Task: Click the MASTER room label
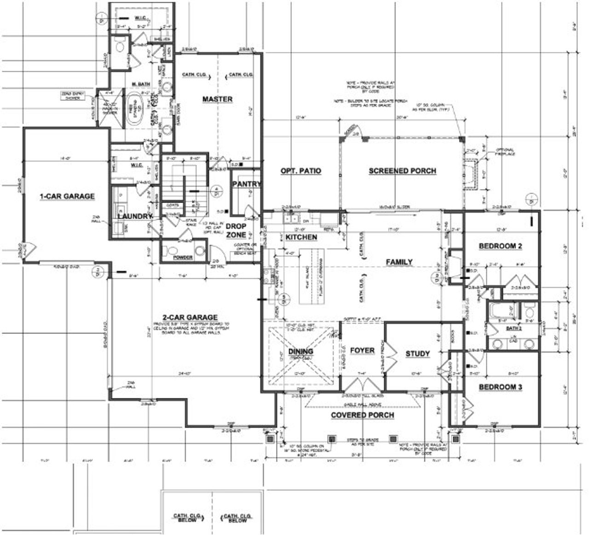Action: point(217,99)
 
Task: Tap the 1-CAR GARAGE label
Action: point(67,196)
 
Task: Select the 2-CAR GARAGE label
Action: point(190,317)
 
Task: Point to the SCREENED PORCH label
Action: point(402,171)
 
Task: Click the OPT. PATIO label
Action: point(301,171)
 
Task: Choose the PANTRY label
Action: point(246,184)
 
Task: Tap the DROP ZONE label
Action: point(236,230)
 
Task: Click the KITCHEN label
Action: point(301,237)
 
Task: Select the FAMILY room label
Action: point(398,262)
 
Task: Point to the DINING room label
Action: point(300,351)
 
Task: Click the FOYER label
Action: point(362,350)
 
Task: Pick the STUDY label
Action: point(417,354)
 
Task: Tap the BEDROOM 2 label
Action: point(500,246)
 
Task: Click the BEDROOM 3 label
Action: point(500,387)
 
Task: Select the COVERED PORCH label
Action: point(362,415)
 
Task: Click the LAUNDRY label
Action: point(134,216)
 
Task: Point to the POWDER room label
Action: point(183,258)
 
